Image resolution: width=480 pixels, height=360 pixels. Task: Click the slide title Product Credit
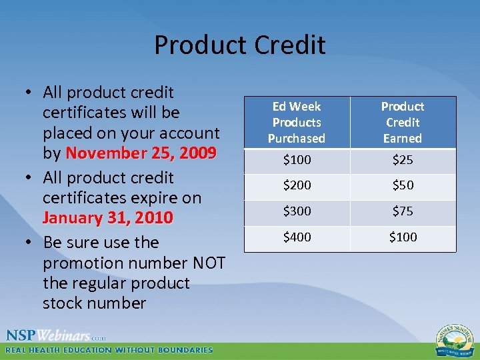pyautogui.click(x=240, y=45)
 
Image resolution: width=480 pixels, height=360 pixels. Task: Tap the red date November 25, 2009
pyautogui.click(x=140, y=153)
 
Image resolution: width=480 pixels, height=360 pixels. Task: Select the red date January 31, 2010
pyautogui.click(x=107, y=218)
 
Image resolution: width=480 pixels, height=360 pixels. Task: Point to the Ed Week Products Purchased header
pyautogui.click(x=297, y=123)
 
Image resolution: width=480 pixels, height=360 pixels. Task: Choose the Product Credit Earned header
pyautogui.click(x=402, y=123)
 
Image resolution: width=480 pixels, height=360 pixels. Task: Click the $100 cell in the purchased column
pyautogui.click(x=297, y=161)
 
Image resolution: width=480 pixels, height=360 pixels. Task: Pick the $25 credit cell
pyautogui.click(x=402, y=161)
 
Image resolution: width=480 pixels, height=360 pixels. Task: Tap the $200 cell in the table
pyautogui.click(x=297, y=185)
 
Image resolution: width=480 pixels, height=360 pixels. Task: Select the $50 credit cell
pyautogui.click(x=402, y=185)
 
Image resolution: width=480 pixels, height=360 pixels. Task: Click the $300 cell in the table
pyautogui.click(x=297, y=211)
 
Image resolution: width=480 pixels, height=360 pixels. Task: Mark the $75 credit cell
pyautogui.click(x=402, y=211)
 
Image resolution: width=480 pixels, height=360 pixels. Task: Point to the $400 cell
pyautogui.click(x=297, y=237)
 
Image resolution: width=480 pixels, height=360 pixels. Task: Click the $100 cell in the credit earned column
pyautogui.click(x=402, y=237)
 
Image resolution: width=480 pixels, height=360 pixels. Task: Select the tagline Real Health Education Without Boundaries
pyautogui.click(x=109, y=350)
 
